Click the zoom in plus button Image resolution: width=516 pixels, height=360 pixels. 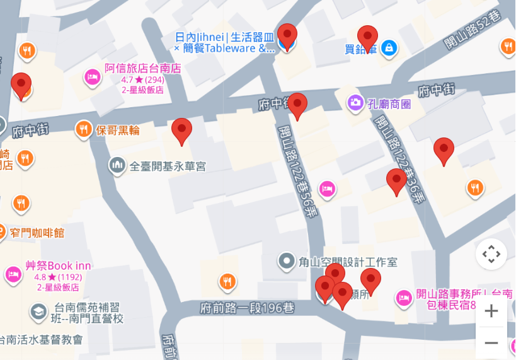[491, 311]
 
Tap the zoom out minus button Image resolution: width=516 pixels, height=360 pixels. [491, 343]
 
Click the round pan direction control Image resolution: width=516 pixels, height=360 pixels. [491, 254]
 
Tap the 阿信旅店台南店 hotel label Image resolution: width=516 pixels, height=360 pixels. [143, 68]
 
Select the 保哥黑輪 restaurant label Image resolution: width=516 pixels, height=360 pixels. [117, 131]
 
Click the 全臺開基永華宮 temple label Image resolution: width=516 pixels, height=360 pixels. [168, 166]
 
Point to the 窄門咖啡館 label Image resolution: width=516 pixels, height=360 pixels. [37, 233]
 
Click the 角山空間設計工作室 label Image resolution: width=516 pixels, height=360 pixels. [348, 260]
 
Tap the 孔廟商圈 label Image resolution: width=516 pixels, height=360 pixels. [389, 103]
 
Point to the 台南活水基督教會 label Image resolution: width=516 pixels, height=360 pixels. [42, 340]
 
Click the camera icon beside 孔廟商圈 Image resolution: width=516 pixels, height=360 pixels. [355, 102]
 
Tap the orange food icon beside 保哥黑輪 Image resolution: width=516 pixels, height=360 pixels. [83, 130]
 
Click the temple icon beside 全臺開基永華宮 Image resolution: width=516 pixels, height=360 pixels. [117, 166]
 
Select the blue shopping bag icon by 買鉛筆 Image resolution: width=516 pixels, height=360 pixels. [389, 47]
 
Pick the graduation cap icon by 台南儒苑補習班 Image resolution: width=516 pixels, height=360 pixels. [38, 311]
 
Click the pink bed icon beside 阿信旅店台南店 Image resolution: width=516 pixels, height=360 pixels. [93, 78]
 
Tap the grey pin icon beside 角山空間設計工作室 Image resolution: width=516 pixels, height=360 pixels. [287, 260]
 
